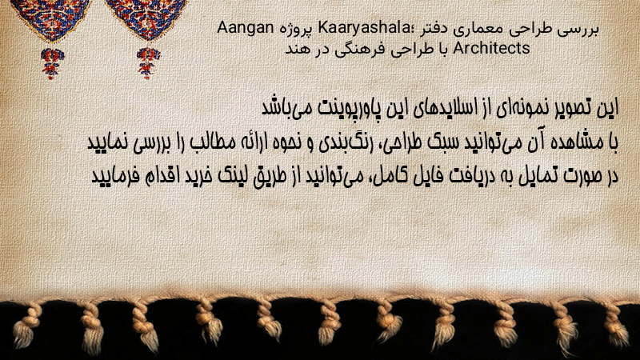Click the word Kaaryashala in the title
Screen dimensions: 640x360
[x=363, y=28]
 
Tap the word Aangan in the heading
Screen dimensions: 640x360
[x=246, y=28]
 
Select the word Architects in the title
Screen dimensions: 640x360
[x=491, y=48]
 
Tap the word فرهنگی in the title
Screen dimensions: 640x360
[x=359, y=50]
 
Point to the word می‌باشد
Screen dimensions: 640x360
[x=282, y=108]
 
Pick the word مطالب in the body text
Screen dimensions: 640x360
[x=214, y=142]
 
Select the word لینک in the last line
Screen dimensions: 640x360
[x=234, y=176]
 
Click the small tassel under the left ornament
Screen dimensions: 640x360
[x=52, y=63]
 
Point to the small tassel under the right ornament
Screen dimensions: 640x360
[x=148, y=63]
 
